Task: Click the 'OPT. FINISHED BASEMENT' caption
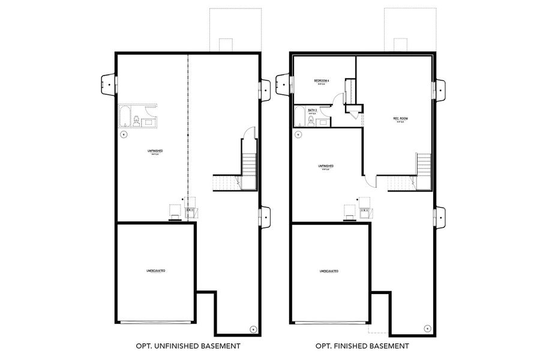(x=362, y=346)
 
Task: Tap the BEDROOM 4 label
(x=322, y=81)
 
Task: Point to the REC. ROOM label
(x=400, y=119)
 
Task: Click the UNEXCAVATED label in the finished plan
(x=329, y=271)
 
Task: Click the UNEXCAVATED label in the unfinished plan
(x=156, y=271)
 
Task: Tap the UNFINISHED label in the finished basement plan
(x=326, y=166)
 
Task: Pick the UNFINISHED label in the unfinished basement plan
(x=155, y=150)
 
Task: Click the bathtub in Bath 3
(x=300, y=116)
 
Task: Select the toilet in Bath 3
(x=311, y=121)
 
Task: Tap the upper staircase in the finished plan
(x=424, y=163)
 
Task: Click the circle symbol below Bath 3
(x=298, y=134)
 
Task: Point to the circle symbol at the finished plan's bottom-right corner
(x=427, y=328)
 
